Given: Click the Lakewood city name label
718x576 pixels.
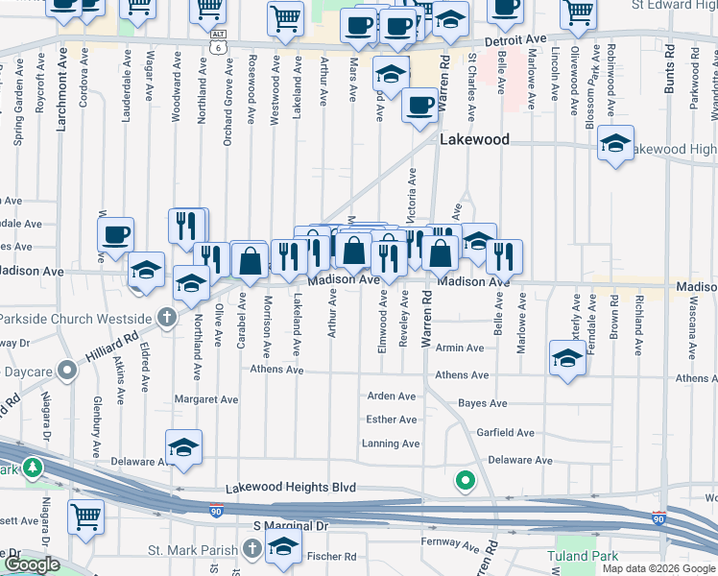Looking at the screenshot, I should [x=474, y=139].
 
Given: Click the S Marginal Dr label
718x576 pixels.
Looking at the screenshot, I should [x=291, y=526].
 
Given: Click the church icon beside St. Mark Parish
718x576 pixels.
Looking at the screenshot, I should [x=251, y=548].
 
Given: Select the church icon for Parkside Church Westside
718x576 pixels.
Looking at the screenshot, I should [x=167, y=317].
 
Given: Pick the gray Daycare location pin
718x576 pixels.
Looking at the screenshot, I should [x=66, y=369].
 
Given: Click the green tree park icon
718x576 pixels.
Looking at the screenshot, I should [x=34, y=468].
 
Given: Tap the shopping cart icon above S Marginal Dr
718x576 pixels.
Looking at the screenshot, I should [x=85, y=516].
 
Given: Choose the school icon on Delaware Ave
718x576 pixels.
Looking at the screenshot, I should [x=183, y=447].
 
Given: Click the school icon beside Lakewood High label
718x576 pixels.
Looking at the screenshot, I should [x=614, y=144].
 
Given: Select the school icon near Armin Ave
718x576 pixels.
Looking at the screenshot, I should [x=567, y=358].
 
